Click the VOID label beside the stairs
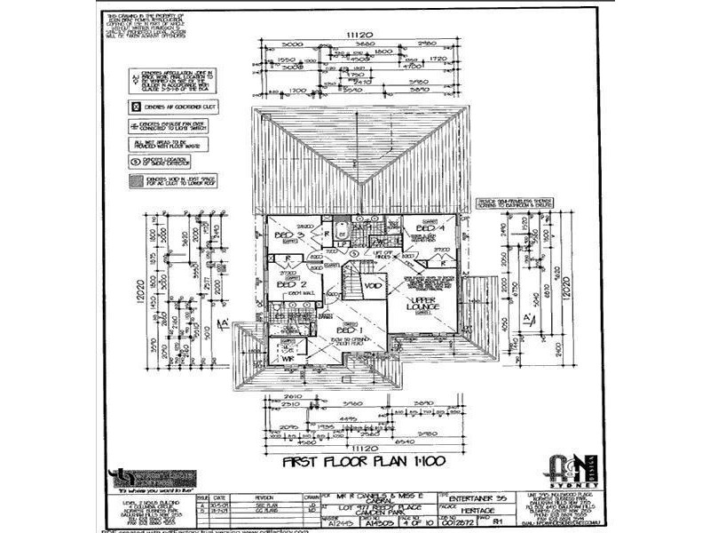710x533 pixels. click(x=373, y=287)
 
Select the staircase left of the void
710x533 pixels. click(x=352, y=286)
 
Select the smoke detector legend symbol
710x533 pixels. click(x=135, y=162)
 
